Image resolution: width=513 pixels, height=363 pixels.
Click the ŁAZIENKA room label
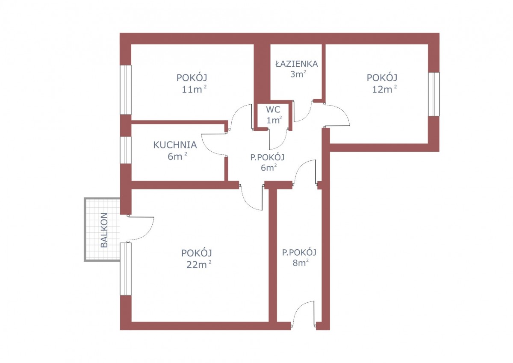297,63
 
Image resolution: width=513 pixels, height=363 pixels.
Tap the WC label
273,110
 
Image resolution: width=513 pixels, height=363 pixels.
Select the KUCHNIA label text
175,145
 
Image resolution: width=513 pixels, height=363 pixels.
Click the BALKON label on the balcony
104,230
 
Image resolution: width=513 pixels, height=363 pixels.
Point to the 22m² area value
198,265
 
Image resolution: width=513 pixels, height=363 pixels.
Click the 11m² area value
194,89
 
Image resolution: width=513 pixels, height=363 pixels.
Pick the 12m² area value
384,89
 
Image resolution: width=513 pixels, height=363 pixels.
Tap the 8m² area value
301,263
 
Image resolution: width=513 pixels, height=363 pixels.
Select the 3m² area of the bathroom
298,74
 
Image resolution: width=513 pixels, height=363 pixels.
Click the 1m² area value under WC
274,120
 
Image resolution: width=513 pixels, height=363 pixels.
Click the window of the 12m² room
434,94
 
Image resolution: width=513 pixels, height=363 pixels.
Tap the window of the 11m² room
126,90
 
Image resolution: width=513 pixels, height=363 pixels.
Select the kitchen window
126,150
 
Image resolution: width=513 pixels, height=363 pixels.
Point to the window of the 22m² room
126,269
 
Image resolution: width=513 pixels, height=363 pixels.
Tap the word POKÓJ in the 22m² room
197,253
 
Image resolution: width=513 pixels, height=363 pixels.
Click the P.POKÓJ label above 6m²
267,157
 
